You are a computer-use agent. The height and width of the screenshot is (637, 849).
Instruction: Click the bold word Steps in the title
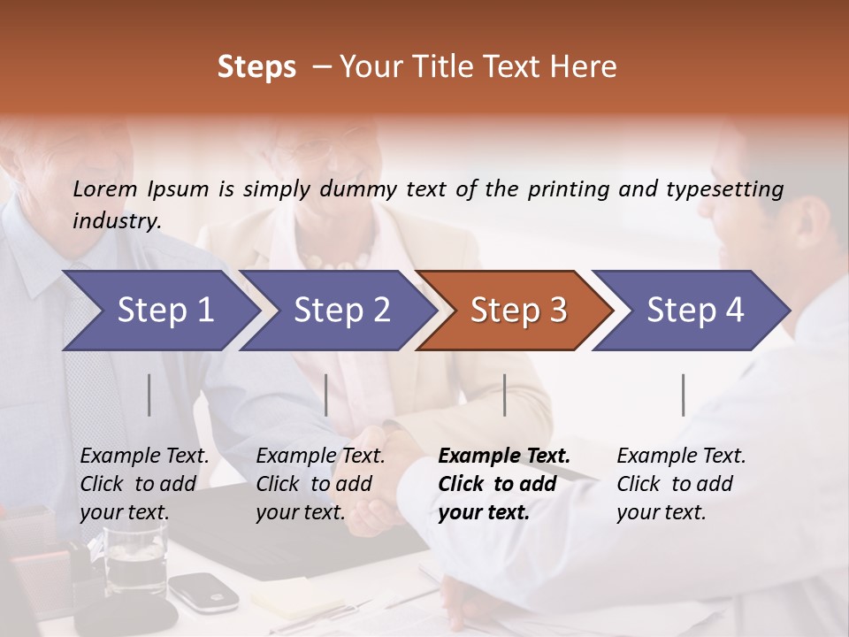pyautogui.click(x=256, y=66)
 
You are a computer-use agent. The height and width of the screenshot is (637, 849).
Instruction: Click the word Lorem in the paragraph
pyautogui.click(x=105, y=188)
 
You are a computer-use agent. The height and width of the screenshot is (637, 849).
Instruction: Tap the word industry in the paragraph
pyautogui.click(x=116, y=220)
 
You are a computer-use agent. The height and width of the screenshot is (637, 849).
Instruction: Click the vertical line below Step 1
pyautogui.click(x=149, y=395)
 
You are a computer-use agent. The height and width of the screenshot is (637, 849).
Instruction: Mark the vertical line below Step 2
pyautogui.click(x=326, y=395)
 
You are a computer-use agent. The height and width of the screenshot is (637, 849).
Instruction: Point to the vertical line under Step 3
pyautogui.click(x=505, y=395)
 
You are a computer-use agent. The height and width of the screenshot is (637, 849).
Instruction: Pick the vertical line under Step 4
pyautogui.click(x=684, y=395)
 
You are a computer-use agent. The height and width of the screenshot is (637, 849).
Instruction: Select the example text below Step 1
pyautogui.click(x=144, y=483)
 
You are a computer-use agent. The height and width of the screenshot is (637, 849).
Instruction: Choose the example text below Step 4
pyautogui.click(x=681, y=483)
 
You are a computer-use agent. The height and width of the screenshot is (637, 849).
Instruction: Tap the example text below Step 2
pyautogui.click(x=320, y=483)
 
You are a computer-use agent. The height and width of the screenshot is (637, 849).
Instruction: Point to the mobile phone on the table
pyautogui.click(x=203, y=590)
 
